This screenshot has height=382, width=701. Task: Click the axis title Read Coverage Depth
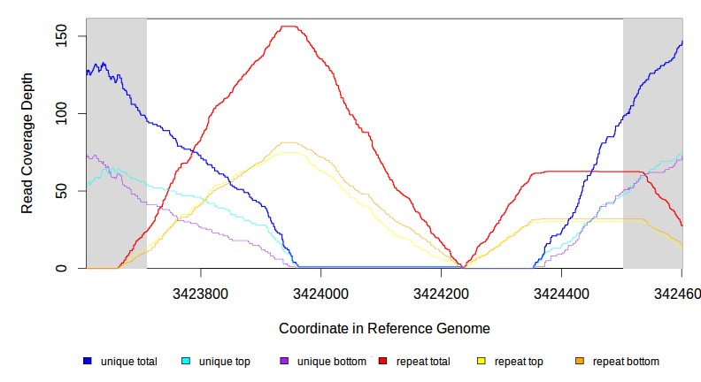coord(27,143)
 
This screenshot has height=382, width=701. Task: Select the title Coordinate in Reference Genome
coord(384,328)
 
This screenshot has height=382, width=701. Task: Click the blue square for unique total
coord(88,362)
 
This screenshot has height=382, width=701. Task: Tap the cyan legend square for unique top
coord(186,362)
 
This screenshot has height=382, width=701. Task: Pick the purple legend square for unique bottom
coord(284,362)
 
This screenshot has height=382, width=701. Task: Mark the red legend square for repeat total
coord(383,362)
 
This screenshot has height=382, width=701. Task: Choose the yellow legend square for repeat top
coord(481,362)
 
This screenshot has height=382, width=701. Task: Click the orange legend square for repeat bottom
coord(580,362)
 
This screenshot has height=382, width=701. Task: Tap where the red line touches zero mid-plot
coord(463,267)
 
